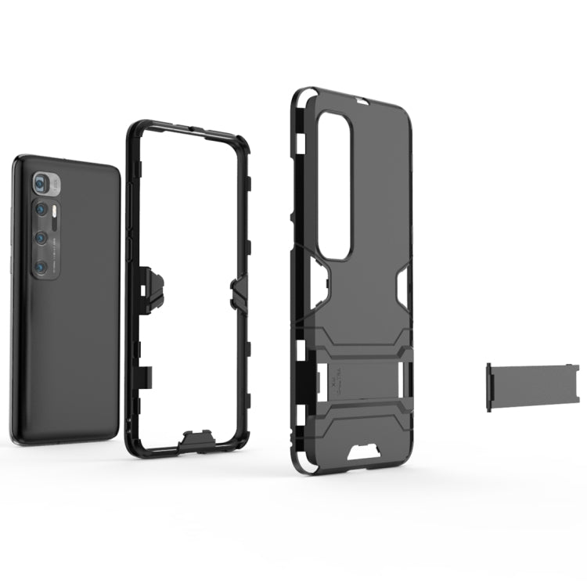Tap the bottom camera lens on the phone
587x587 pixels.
pos(41,267)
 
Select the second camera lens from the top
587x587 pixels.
pos(39,210)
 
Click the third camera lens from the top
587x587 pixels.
pos(39,238)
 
